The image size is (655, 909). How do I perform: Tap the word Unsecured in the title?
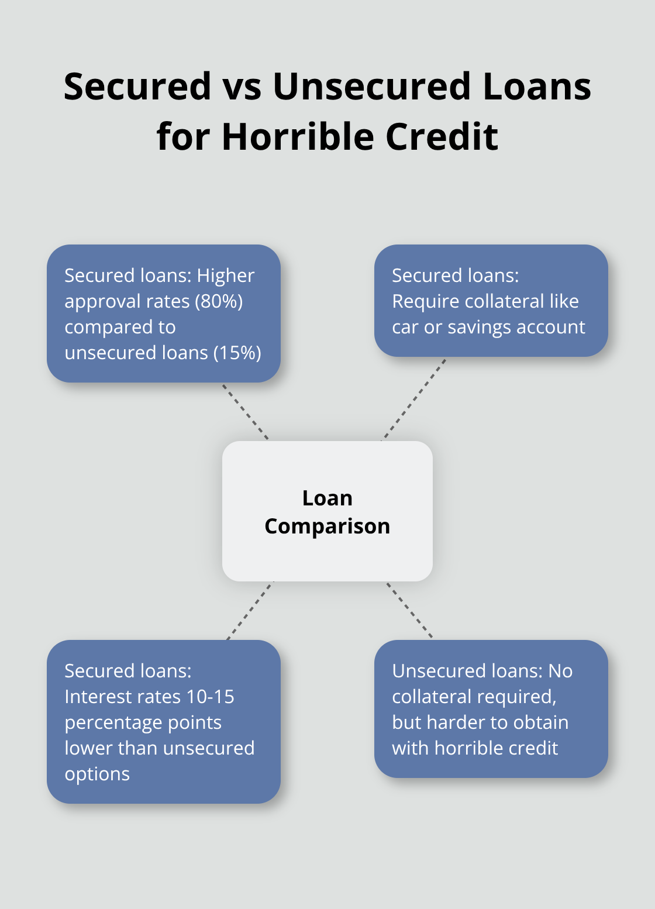click(371, 87)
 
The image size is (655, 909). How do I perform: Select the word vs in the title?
click(241, 87)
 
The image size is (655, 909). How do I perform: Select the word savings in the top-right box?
click(473, 328)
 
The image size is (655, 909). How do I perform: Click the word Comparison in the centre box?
click(327, 526)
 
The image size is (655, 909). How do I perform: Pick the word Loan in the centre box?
click(327, 498)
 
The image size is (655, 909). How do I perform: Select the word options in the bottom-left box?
click(97, 774)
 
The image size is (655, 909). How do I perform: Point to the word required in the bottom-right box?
click(523, 697)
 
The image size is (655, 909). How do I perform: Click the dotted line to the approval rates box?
click(246, 412)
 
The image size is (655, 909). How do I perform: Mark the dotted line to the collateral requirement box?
click(414, 399)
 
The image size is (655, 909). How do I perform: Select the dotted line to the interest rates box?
click(250, 611)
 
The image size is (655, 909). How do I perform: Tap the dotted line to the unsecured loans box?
click(409, 610)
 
